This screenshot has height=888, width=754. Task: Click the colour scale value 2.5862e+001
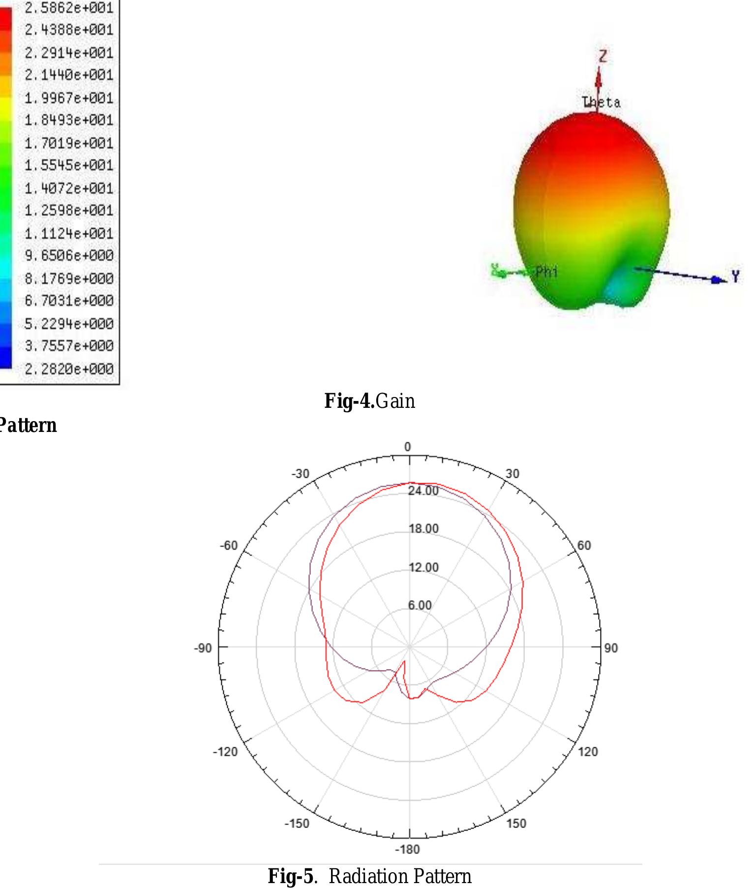[x=69, y=8]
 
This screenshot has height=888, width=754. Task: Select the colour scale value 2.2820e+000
[x=69, y=368]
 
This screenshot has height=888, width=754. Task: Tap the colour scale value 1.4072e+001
[x=69, y=188]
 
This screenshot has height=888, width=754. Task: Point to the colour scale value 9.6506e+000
[x=69, y=255]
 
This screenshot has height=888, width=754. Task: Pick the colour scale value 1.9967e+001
[x=69, y=98]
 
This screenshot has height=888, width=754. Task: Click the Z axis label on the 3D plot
[x=603, y=56]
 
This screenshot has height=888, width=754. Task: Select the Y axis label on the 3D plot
[x=735, y=276]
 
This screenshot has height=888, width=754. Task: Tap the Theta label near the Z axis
[x=601, y=102]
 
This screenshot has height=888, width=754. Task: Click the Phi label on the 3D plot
[x=546, y=272]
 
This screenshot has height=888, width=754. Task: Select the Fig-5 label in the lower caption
[x=290, y=876]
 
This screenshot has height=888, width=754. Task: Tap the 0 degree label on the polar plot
[x=407, y=447]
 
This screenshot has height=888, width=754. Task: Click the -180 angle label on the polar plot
[x=408, y=850]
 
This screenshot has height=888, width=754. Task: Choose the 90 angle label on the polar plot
[x=610, y=648]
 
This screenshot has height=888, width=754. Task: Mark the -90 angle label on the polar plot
[x=203, y=648]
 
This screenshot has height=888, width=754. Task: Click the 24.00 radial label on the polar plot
[x=423, y=490]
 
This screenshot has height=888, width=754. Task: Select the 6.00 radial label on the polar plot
[x=420, y=605]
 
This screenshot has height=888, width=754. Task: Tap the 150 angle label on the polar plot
[x=516, y=823]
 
